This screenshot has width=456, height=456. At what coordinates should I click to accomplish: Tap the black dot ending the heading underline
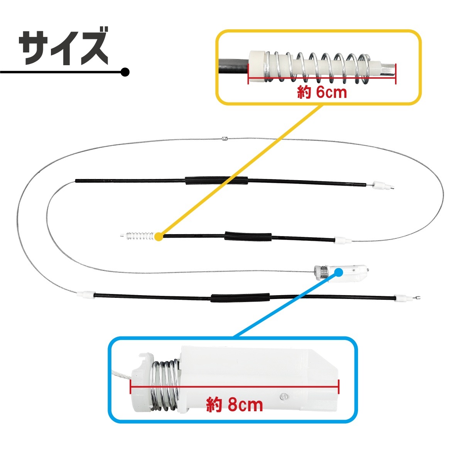click(125, 72)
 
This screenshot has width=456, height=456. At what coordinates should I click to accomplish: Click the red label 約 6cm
click(322, 92)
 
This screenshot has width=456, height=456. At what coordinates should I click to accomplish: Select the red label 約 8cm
click(235, 405)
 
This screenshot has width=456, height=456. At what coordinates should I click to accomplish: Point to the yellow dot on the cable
click(159, 236)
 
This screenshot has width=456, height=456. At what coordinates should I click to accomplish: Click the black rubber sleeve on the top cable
click(217, 181)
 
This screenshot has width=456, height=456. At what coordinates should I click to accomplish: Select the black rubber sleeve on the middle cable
click(248, 236)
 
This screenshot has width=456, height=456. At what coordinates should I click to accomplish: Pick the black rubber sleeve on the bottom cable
click(240, 298)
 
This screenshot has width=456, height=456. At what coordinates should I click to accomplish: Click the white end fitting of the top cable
click(378, 185)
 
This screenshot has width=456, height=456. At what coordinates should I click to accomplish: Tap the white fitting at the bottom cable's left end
click(86, 295)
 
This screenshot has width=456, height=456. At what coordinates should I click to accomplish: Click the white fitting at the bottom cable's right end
click(400, 297)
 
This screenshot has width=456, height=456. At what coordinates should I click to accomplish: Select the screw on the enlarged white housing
click(283, 396)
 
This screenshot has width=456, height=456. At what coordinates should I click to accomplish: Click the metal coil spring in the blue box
click(165, 385)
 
